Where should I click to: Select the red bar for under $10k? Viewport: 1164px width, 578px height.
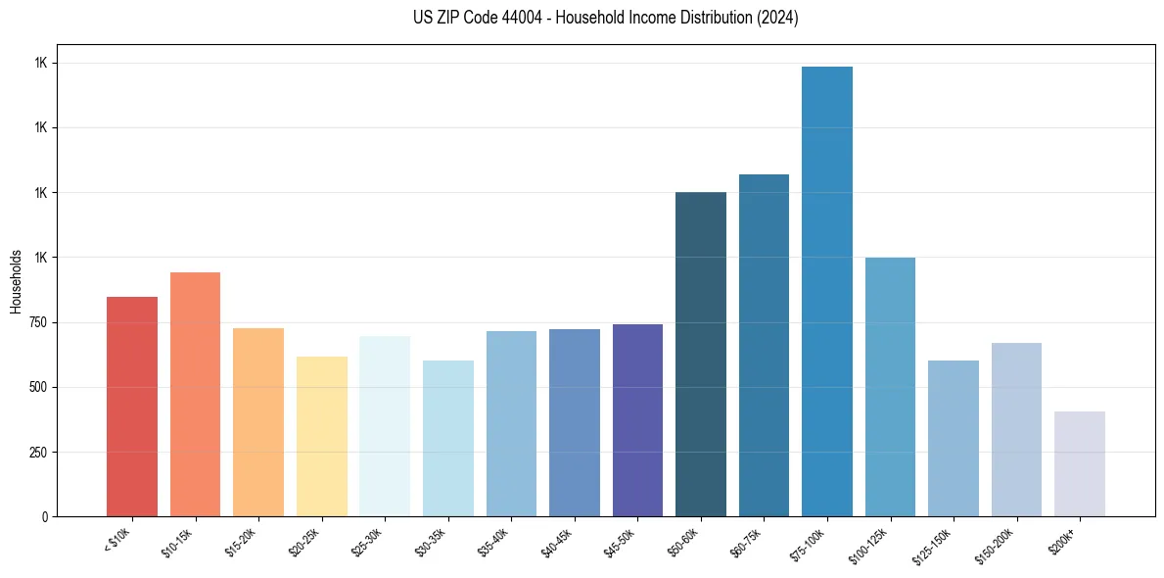[132, 406]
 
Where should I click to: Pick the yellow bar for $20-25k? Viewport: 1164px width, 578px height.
[322, 436]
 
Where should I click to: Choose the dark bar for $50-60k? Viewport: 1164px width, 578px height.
[701, 354]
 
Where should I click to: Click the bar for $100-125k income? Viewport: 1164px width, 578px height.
[890, 386]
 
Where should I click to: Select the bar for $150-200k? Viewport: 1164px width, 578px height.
[1016, 429]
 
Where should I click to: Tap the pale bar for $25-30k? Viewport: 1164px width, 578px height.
[385, 425]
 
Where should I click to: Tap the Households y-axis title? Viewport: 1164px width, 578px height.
[16, 280]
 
